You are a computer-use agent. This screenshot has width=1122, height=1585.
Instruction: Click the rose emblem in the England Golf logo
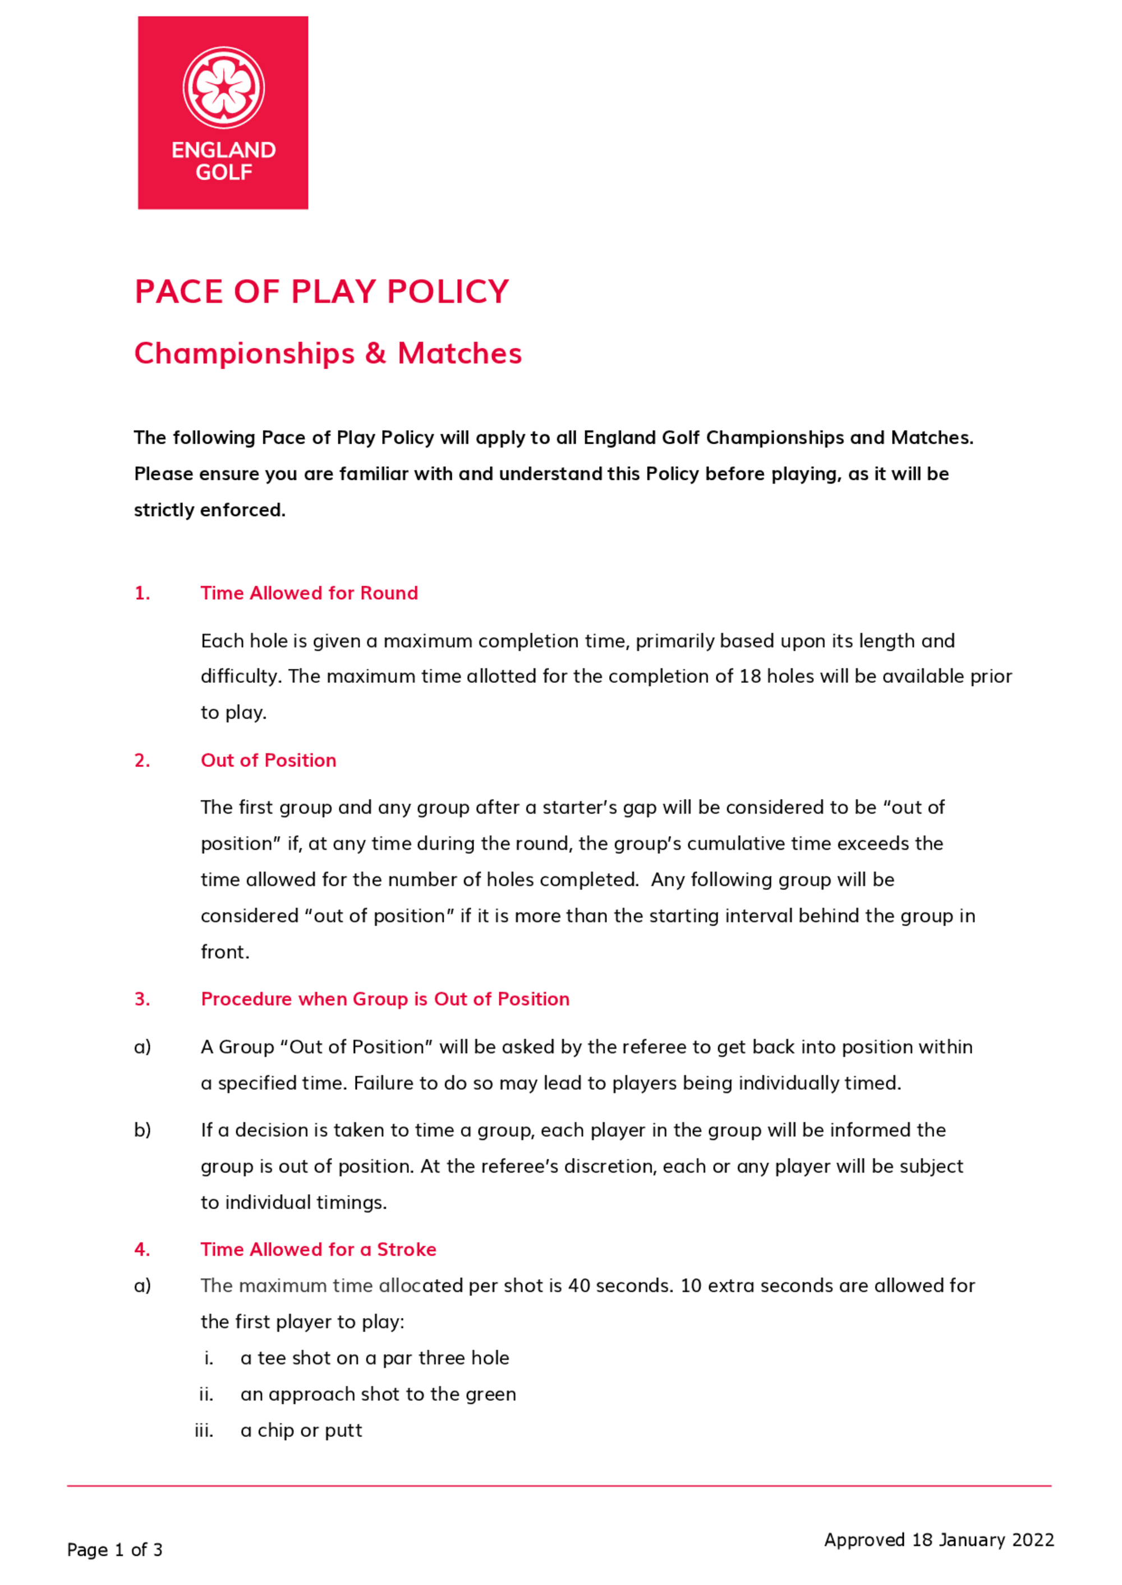tap(223, 87)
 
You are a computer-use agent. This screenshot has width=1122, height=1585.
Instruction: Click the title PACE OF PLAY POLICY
tap(322, 292)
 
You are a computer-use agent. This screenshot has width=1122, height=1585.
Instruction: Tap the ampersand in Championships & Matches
tap(375, 354)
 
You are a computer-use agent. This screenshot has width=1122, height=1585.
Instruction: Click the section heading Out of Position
tap(268, 760)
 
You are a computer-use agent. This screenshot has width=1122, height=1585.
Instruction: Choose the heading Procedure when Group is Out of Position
tap(385, 999)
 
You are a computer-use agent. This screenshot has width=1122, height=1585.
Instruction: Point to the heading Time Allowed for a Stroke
tap(318, 1249)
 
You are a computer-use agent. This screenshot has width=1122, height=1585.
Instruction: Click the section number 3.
tap(141, 999)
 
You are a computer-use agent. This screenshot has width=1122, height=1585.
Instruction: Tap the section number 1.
tap(141, 593)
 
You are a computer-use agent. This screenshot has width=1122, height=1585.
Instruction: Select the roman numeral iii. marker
tap(204, 1430)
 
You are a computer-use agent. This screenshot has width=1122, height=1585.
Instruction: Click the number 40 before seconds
tap(578, 1286)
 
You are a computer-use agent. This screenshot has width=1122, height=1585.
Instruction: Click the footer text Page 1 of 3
tap(114, 1550)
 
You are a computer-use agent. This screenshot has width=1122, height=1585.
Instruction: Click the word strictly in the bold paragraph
tap(164, 510)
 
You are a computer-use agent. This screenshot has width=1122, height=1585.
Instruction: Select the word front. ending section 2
tap(224, 952)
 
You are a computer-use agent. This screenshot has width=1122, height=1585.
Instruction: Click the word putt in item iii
tap(343, 1430)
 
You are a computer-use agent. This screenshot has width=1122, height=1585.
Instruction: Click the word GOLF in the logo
tap(223, 172)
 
